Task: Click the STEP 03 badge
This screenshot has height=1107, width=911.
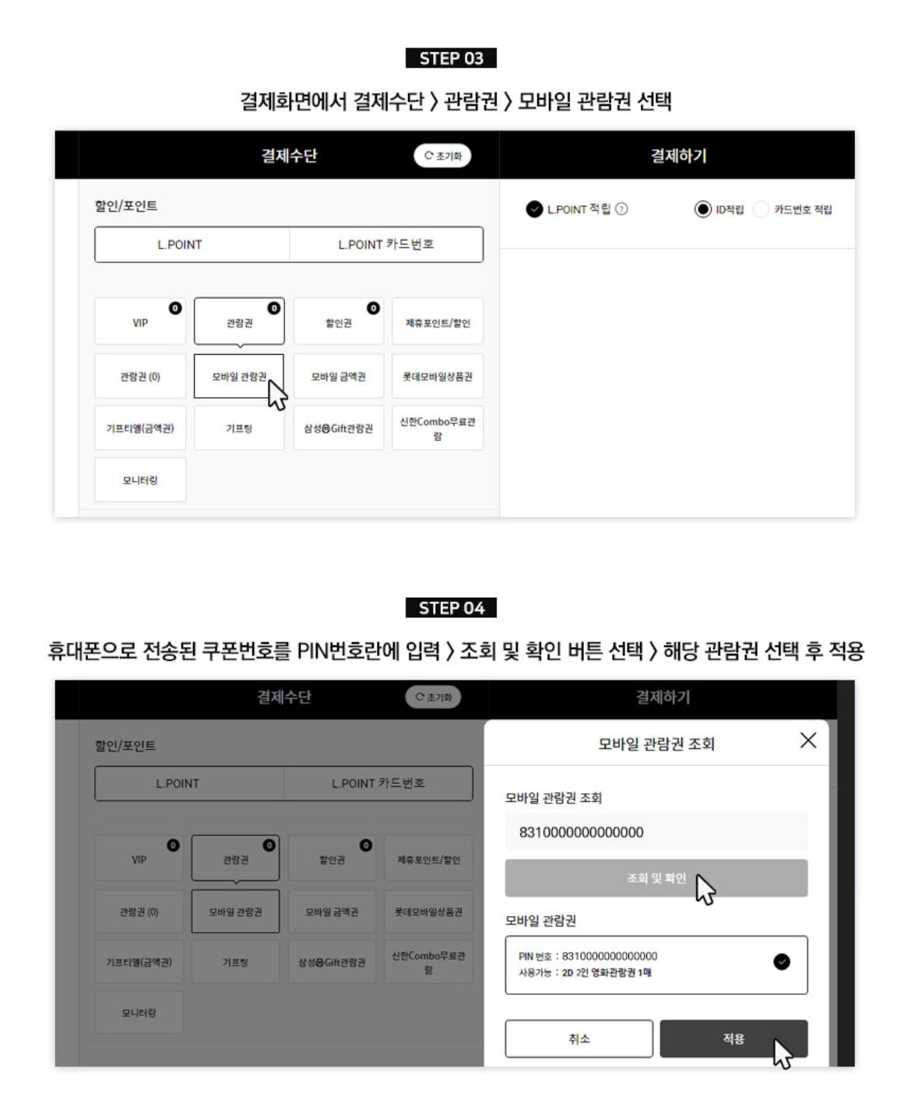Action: click(451, 58)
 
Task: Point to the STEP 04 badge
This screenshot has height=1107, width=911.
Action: click(451, 607)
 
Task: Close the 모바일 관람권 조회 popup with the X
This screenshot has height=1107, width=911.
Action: click(807, 740)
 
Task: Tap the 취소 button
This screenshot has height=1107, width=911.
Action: click(579, 1038)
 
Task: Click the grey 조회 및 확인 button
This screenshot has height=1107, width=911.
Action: click(656, 877)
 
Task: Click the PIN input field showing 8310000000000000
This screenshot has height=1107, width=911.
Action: click(656, 832)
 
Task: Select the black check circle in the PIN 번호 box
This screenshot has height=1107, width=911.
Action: click(781, 961)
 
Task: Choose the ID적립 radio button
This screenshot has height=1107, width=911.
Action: click(702, 209)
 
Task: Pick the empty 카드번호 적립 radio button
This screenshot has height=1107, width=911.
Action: click(761, 209)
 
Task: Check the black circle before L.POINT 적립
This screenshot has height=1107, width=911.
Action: click(534, 209)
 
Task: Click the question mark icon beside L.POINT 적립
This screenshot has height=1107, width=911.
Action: click(621, 209)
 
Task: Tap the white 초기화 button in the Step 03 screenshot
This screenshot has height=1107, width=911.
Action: click(442, 156)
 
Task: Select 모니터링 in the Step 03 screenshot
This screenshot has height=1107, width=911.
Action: click(140, 480)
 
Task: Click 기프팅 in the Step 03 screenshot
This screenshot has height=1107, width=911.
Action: click(239, 428)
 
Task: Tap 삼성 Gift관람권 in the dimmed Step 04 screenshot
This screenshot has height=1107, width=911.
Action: click(332, 961)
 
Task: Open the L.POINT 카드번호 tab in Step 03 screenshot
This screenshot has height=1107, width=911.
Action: click(386, 244)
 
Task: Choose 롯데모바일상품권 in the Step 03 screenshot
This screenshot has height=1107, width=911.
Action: click(438, 376)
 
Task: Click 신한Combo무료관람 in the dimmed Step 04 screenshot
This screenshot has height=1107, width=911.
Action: click(428, 961)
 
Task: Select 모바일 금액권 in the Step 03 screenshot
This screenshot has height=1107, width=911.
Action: click(339, 376)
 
